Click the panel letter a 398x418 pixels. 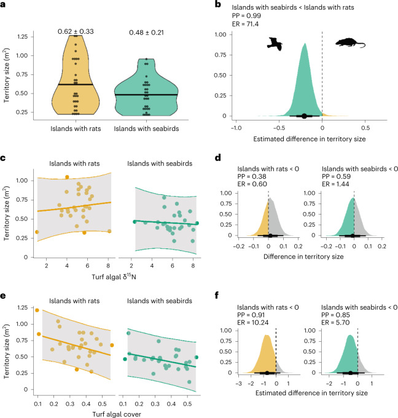[x=5, y=5]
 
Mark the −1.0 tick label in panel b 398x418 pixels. [x=235, y=127]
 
